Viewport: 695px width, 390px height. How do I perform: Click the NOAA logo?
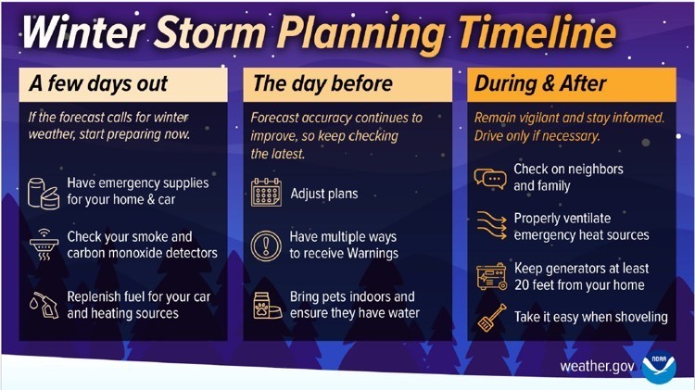[659, 366]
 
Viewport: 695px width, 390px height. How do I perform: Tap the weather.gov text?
[597, 366]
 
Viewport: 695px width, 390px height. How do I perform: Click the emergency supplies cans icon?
[44, 191]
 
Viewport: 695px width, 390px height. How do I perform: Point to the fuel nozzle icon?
[44, 305]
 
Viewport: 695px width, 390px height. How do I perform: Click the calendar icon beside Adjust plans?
[267, 194]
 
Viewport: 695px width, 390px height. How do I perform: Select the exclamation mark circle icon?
[267, 245]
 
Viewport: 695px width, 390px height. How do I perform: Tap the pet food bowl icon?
[267, 305]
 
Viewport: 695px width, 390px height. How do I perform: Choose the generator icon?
[490, 276]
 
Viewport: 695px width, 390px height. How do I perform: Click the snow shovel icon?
[489, 317]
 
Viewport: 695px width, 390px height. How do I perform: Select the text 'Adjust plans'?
[323, 195]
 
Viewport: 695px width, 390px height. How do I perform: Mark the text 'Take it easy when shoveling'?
[590, 317]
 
